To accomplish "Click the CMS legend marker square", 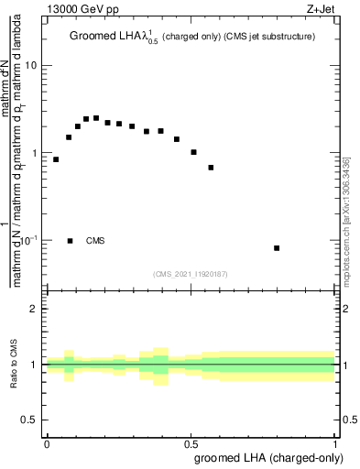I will coord(71,241).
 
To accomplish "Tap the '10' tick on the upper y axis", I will coord(31,67).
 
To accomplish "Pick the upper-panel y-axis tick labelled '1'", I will coord(35,154).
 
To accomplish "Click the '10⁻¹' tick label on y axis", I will coord(29,240).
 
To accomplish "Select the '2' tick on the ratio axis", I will coord(35,309).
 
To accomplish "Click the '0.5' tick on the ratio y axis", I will coord(30,420).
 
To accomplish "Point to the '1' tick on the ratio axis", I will coord(35,365).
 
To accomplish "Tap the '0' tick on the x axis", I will coord(47,443).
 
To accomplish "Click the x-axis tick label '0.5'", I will coord(191,443).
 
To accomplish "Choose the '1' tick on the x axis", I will coord(335,443).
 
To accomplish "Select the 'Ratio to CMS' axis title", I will coord(14,365).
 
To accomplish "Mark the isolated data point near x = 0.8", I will coord(277,248).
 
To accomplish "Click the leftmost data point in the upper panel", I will coord(56,159).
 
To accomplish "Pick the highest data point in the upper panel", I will coord(96,118).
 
